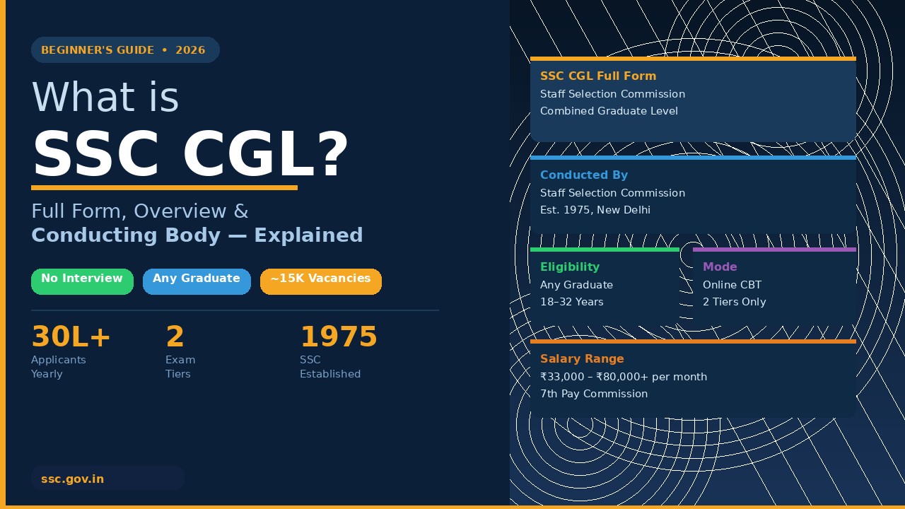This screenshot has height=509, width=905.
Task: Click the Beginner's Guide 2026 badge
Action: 124,50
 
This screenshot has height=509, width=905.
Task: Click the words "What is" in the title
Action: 105,98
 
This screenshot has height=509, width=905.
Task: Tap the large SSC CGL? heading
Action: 190,154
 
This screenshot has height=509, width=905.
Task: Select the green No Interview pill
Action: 82,281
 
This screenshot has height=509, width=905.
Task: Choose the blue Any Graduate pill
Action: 197,281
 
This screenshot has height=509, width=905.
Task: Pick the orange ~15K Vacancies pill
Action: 320,281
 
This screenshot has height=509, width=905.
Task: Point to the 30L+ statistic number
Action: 71,337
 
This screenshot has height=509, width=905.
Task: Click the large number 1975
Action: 338,337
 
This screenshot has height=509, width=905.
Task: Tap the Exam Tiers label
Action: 180,366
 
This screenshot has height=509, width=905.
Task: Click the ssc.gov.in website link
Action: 73,479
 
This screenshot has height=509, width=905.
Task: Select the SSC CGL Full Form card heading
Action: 598,76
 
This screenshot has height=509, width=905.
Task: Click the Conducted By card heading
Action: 584,175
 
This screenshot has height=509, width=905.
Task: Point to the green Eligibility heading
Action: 570,267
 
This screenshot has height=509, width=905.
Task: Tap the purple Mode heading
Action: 720,267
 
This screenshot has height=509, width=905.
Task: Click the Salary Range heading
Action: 582,359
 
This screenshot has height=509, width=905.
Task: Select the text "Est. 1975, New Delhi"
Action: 595,210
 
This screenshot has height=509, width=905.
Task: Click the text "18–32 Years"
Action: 572,302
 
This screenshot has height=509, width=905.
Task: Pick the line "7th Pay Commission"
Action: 594,394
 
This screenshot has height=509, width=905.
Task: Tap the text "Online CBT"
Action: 732,285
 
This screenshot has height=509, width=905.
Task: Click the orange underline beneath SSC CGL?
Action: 164,187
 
